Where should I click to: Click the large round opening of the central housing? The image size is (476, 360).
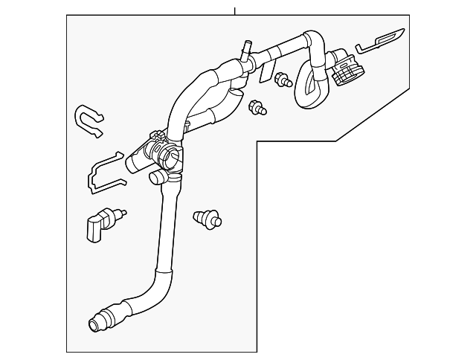(x=172, y=158)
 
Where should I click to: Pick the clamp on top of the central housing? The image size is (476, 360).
(x=158, y=137)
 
